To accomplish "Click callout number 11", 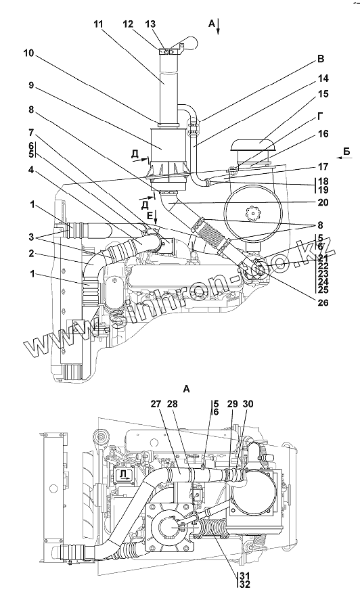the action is [99, 24].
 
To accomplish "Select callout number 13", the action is [150, 24].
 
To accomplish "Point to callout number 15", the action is [323, 93].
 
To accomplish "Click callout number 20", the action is [323, 203].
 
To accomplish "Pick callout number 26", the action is [323, 302].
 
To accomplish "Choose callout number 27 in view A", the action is [156, 404].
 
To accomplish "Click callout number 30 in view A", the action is [248, 404].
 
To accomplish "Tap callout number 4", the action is [31, 170].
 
